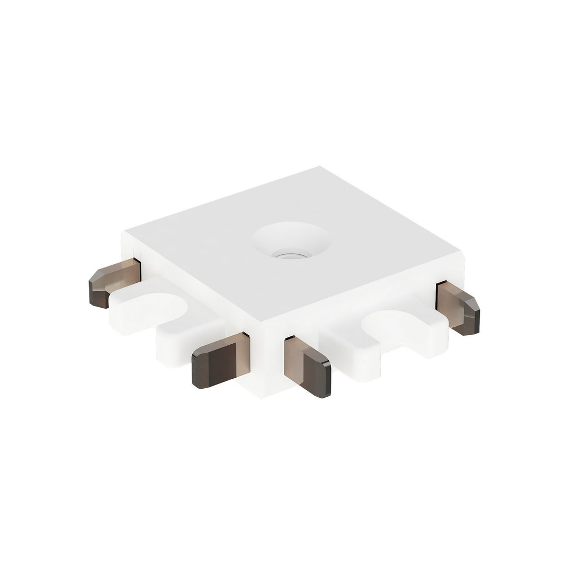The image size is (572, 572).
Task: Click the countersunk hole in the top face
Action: click(290, 240)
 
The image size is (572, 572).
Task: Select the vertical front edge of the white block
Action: click(262, 360)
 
